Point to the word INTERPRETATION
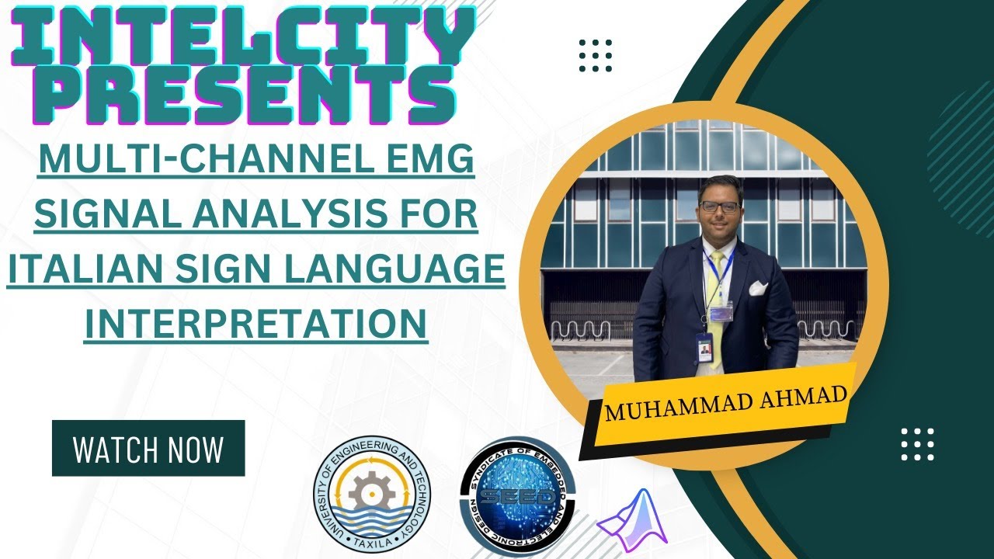[256, 324]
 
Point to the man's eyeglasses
[719, 207]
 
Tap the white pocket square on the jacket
[758, 289]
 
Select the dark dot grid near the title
[596, 55]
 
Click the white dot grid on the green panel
[917, 444]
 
